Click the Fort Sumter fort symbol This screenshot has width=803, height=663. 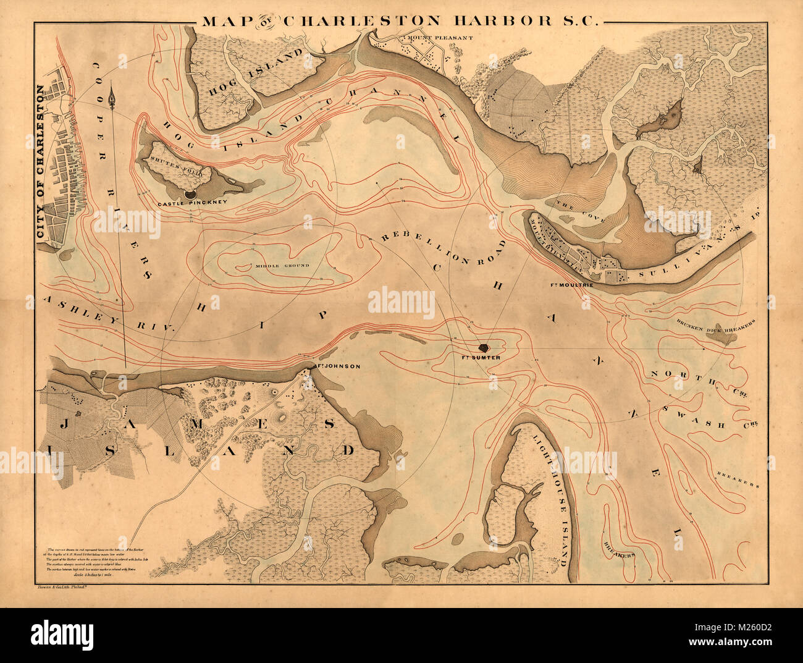click(x=484, y=348)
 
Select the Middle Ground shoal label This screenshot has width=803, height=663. click(x=281, y=266)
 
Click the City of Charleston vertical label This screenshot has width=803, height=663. click(x=41, y=162)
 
